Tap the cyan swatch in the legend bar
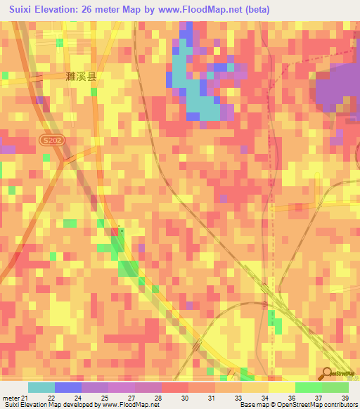point(41,387)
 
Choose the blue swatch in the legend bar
point(68,387)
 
